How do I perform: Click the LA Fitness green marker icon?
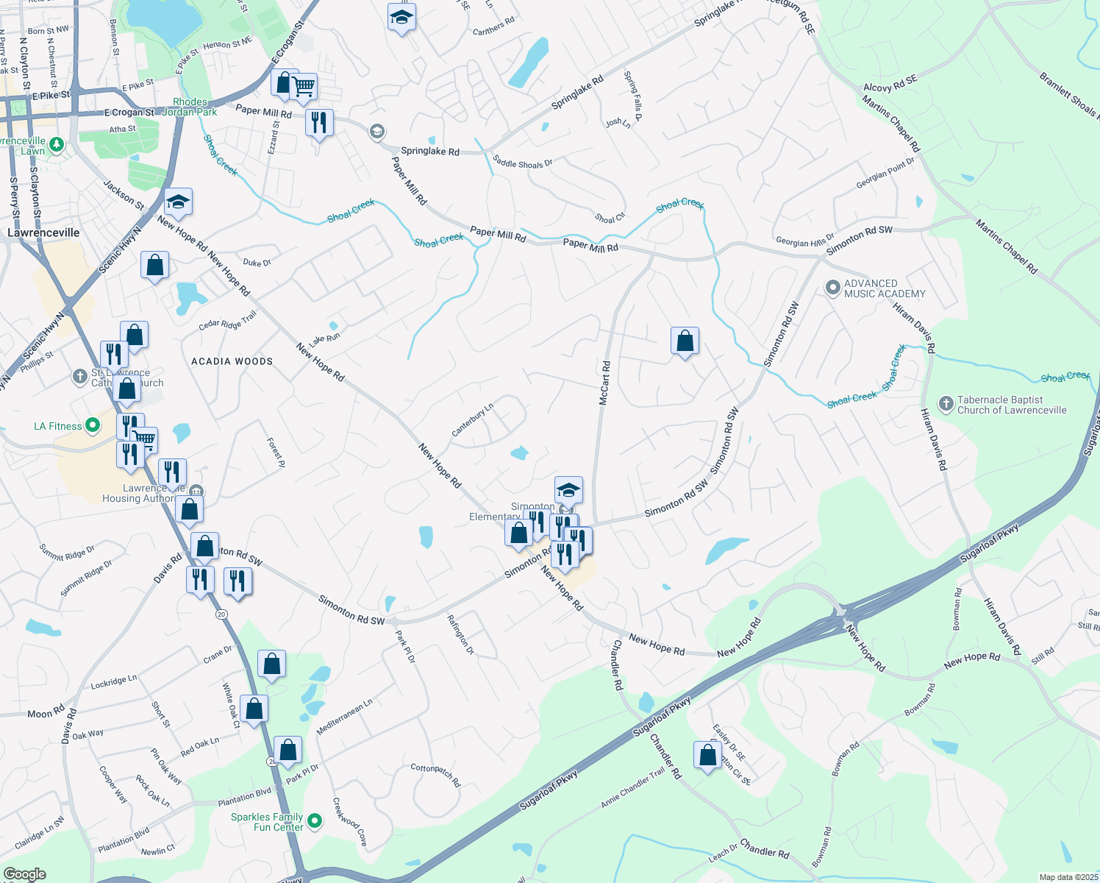tap(93, 425)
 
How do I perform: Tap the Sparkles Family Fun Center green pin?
tap(315, 820)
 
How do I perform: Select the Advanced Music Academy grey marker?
tap(832, 288)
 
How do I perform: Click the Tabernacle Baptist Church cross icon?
tap(946, 404)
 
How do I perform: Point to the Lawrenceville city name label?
tap(43, 233)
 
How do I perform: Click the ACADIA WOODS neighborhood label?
tap(232, 361)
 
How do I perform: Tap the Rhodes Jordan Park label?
tap(190, 107)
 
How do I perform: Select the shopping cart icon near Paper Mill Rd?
tap(303, 87)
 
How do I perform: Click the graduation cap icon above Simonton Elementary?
tap(568, 489)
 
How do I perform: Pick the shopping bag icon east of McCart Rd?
tap(685, 341)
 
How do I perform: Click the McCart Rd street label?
tap(604, 383)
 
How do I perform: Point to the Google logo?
tap(24, 873)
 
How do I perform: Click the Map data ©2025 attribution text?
tap(1067, 877)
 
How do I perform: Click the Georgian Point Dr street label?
tap(885, 174)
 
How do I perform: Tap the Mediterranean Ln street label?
tap(344, 717)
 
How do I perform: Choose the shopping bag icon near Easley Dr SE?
tap(707, 755)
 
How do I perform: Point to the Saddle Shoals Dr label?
tap(522, 162)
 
